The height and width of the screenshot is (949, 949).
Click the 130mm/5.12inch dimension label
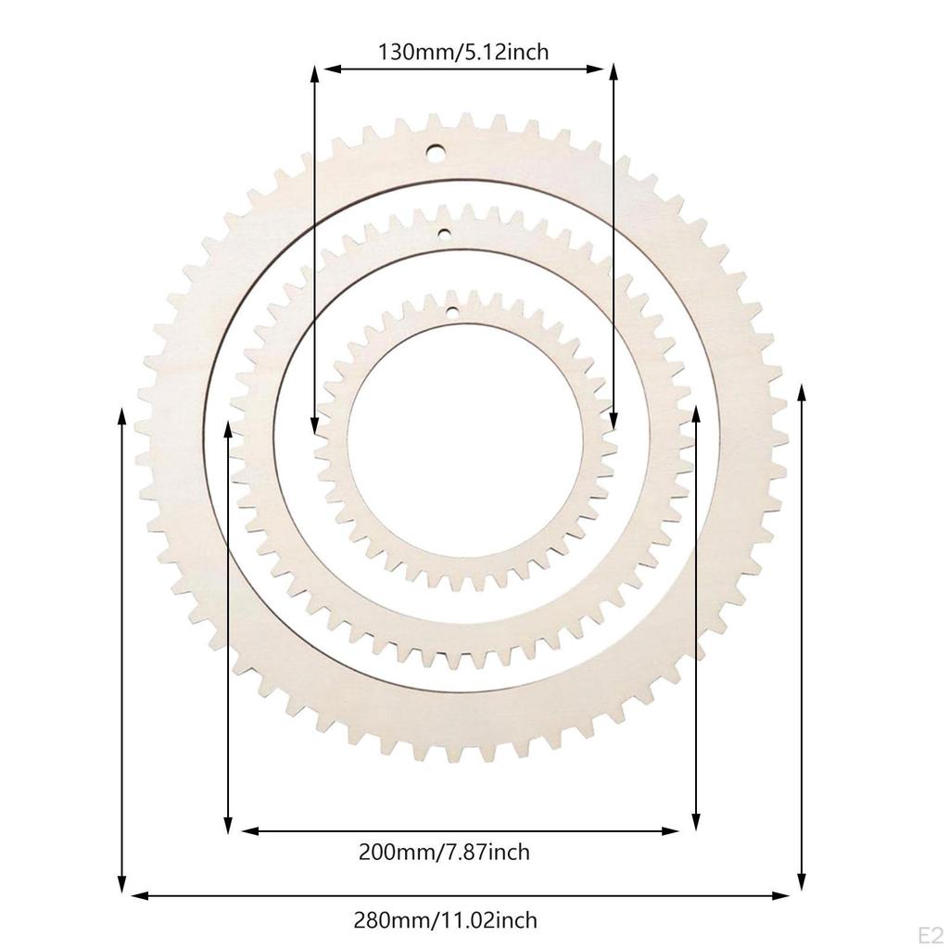(462, 52)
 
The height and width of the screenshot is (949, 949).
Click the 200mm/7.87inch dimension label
(444, 851)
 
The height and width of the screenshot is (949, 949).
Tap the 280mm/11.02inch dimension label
(445, 920)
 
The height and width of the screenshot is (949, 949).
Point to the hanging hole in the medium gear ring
(444, 234)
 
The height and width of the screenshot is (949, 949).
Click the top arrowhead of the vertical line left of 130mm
(315, 73)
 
